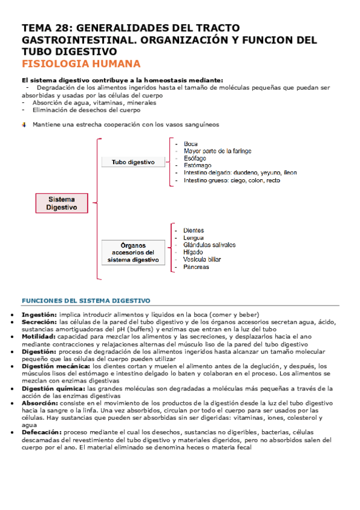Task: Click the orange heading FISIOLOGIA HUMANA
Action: pyautogui.click(x=81, y=64)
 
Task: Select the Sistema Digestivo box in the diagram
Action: pyautogui.click(x=63, y=203)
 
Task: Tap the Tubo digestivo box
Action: pyautogui.click(x=133, y=162)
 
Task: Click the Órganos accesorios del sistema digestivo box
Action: pyautogui.click(x=133, y=253)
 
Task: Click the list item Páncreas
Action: pyautogui.click(x=197, y=267)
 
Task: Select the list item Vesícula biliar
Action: pyautogui.click(x=202, y=260)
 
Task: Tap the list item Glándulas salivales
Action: pyautogui.click(x=209, y=245)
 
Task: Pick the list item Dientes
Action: pyautogui.click(x=194, y=230)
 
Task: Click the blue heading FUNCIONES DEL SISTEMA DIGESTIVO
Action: pyautogui.click(x=86, y=300)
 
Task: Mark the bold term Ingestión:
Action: pyautogui.click(x=40, y=315)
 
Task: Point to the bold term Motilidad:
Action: pyautogui.click(x=39, y=337)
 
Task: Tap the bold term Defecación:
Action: pyautogui.click(x=41, y=432)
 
